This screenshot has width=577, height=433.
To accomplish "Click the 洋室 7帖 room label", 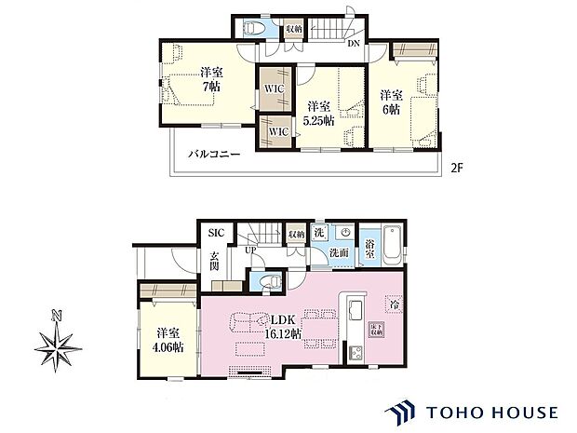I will (209, 79).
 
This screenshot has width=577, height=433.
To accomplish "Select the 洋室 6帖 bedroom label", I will (389, 101).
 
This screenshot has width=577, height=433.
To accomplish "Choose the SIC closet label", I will (216, 233).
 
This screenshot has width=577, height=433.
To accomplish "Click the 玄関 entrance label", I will (213, 262).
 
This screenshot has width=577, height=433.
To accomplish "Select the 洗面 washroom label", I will (340, 253).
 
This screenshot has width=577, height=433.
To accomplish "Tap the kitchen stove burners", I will (355, 353).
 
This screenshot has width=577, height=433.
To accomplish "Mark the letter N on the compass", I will (58, 316).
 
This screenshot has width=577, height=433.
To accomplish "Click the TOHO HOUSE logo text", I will (494, 411).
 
